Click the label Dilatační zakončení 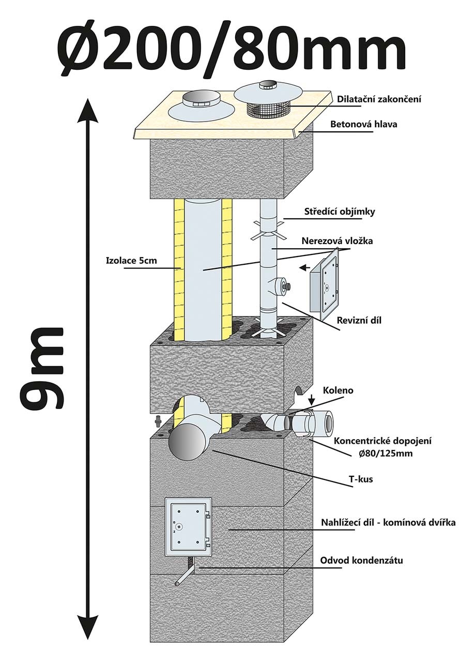click(x=378, y=99)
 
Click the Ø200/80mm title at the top click(x=231, y=49)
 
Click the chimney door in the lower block click(x=188, y=527)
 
